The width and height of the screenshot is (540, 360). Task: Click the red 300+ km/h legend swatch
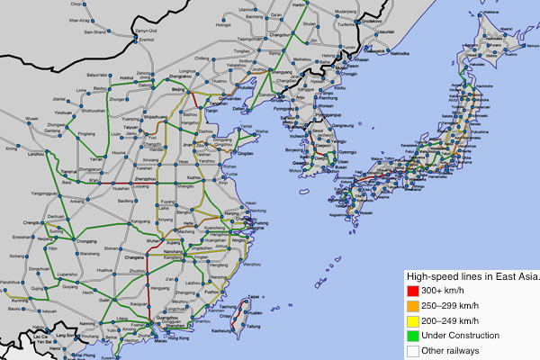414,291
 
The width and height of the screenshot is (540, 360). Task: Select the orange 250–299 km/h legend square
414,306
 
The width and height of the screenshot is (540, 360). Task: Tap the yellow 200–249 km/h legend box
414,321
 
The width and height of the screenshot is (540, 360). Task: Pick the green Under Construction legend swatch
414,337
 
